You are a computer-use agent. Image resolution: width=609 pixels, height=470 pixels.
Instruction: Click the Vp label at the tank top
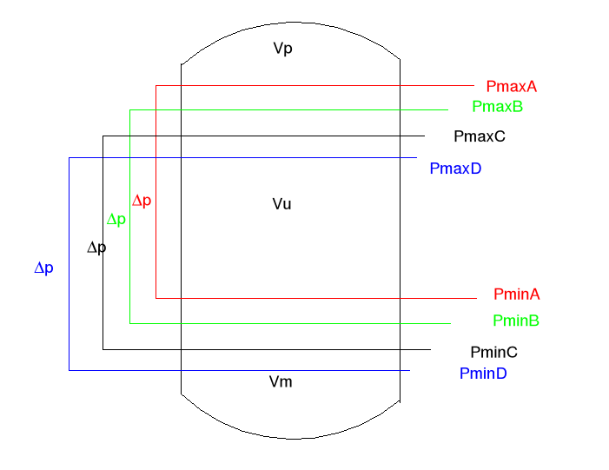(282, 49)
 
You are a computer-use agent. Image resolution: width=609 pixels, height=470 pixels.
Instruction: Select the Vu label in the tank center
(281, 204)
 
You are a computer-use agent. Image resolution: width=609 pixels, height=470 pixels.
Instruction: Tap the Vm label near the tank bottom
(280, 382)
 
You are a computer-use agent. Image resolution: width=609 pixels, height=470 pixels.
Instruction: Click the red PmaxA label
(512, 87)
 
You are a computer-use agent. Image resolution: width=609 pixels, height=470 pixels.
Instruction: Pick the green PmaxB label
(497, 107)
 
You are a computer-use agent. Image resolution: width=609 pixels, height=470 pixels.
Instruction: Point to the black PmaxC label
(480, 136)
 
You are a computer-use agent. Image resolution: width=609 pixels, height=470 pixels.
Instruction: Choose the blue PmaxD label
(455, 169)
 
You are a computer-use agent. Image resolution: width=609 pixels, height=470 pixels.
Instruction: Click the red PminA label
(516, 295)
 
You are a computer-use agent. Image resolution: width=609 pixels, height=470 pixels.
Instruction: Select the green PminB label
(516, 321)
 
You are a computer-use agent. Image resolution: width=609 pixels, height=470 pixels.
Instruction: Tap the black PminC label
(493, 352)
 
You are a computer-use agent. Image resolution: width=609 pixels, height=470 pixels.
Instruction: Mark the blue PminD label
(483, 374)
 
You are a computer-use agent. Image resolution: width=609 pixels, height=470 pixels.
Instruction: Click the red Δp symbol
(142, 201)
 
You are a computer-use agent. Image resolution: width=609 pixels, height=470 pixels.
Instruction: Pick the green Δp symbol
(116, 220)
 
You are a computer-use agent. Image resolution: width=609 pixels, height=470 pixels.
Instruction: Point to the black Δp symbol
(96, 248)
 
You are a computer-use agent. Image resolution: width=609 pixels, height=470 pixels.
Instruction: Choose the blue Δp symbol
(43, 268)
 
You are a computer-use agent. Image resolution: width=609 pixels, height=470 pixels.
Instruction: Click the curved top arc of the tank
(290, 23)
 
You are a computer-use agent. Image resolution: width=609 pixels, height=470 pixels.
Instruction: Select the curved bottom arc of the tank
(290, 436)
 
